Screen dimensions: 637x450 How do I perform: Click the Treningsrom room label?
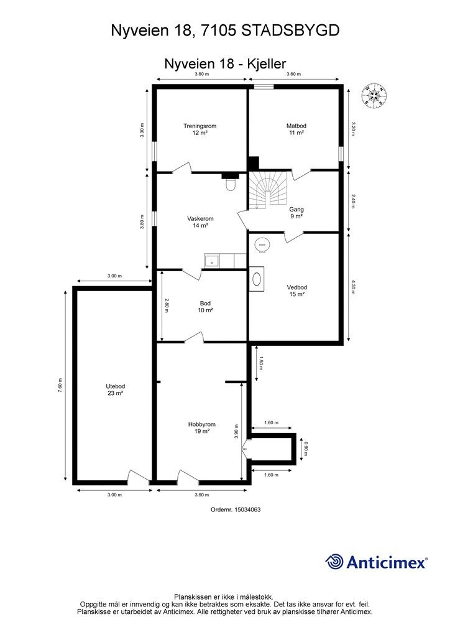pos(200,129)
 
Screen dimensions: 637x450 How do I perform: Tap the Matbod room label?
pos(296,129)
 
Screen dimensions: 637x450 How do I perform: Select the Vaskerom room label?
pos(200,222)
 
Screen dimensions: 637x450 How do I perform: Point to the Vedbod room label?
pos(297,291)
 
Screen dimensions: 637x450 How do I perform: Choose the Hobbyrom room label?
pos(200,428)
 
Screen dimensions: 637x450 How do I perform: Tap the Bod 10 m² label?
pos(205,307)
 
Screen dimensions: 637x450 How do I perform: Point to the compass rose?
pos(374,95)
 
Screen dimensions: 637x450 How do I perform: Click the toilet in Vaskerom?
pos(231,184)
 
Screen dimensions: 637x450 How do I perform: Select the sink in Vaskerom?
pos(212,261)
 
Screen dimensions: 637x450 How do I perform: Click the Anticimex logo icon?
pos(334,562)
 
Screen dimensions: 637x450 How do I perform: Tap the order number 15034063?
pos(248,509)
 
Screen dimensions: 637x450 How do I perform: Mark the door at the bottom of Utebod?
pos(137,478)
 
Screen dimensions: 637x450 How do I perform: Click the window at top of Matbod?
pos(264,87)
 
